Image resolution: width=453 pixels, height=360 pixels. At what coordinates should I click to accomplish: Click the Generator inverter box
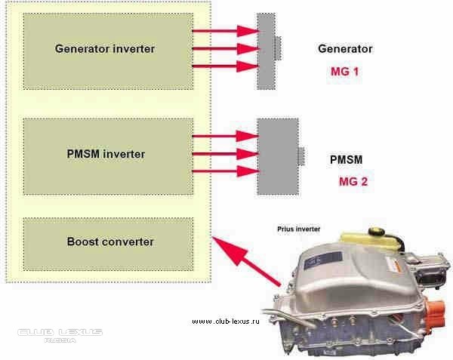click(105, 49)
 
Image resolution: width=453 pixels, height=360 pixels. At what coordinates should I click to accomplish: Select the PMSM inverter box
click(105, 155)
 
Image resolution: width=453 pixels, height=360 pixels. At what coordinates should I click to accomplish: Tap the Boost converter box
click(105, 242)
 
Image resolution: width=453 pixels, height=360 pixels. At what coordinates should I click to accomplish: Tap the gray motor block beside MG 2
click(278, 155)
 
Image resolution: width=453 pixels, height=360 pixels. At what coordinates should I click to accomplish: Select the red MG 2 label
click(353, 181)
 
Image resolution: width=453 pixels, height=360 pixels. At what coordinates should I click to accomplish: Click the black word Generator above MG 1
click(345, 49)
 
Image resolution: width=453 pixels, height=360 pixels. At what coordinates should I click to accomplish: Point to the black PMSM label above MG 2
click(347, 160)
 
